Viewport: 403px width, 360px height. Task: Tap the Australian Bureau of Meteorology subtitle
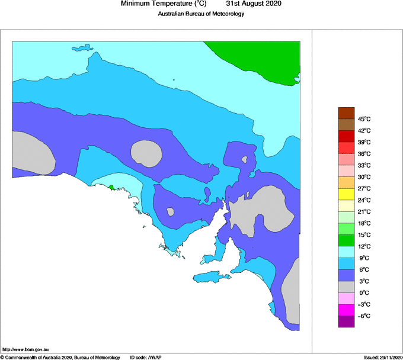[201, 14]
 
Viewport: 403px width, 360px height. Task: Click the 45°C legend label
[363, 118]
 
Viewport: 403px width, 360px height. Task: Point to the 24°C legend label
[363, 200]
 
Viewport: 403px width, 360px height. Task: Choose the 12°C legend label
[363, 246]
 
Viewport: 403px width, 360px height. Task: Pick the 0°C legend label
[364, 292]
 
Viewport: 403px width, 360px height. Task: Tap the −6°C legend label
[363, 316]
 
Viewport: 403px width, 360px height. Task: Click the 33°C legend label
[363, 165]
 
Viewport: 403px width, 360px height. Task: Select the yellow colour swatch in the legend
[346, 194]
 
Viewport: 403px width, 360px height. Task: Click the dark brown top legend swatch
[346, 112]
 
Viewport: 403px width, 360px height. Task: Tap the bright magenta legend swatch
[346, 310]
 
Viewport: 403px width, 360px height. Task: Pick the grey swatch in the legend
[346, 287]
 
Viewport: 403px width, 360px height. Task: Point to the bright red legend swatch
[346, 136]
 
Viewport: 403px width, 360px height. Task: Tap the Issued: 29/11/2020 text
[382, 357]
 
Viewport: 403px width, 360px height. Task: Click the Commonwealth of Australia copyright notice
[60, 357]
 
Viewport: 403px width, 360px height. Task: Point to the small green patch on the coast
[111, 188]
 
